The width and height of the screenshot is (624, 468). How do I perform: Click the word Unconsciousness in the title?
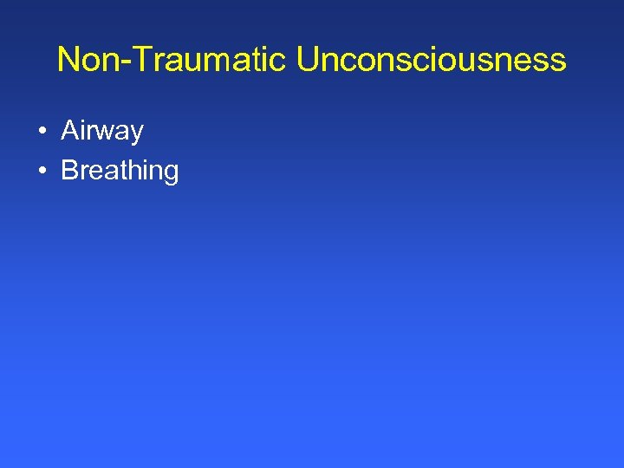coord(431,61)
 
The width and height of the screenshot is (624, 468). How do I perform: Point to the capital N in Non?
coord(68,60)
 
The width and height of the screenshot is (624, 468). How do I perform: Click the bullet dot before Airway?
coord(42,132)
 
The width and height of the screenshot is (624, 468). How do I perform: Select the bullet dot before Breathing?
coord(42,171)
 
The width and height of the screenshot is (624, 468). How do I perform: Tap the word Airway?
coord(101,132)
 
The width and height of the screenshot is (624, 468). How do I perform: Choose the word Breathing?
coord(120,171)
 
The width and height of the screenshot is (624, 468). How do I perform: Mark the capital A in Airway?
coord(69,131)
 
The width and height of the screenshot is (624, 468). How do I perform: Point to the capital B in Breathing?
coord(69,170)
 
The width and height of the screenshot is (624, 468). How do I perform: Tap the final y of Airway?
coord(135,135)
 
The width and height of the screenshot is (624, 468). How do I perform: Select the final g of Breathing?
coord(170,173)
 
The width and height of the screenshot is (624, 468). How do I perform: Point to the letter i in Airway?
coord(82,131)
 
